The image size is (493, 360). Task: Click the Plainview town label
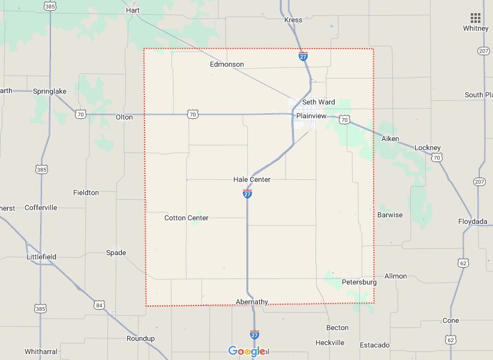[x=312, y=116]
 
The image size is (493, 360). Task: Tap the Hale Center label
[x=252, y=179]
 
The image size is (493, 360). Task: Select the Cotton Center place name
[x=187, y=218]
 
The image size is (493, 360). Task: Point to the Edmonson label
[x=227, y=64]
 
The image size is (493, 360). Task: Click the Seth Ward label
[x=318, y=102]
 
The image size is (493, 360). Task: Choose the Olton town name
[x=124, y=117]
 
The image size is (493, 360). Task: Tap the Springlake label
[x=50, y=91]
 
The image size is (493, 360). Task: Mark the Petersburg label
[x=359, y=282]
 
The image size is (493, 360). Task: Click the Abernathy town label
[x=252, y=302]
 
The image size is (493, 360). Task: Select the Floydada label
[x=473, y=221]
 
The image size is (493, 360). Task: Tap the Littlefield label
[x=41, y=257]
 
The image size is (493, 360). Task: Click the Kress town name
[x=293, y=20]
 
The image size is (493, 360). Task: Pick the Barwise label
[x=390, y=215]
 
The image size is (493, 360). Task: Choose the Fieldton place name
[x=86, y=193]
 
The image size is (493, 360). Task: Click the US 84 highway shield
[x=98, y=305]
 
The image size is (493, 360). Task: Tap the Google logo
[x=246, y=351]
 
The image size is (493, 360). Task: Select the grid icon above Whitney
[x=476, y=17]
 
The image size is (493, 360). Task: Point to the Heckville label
[x=330, y=343]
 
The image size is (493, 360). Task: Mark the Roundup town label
[x=140, y=338]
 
